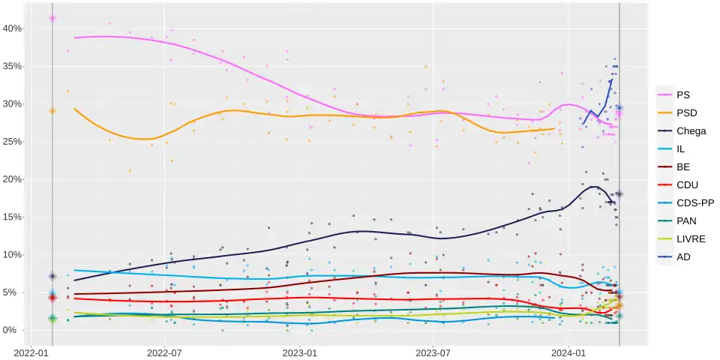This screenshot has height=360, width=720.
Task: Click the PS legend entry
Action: [x=682, y=95]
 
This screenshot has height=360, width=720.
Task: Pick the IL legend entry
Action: [x=680, y=149]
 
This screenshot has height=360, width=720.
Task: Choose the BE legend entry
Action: [x=682, y=167]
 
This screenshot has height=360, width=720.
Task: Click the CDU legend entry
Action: [x=686, y=185]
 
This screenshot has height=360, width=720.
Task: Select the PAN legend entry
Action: [x=685, y=221]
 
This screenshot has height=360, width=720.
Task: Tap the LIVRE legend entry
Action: [x=690, y=239]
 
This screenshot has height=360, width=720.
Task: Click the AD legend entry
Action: [x=682, y=257]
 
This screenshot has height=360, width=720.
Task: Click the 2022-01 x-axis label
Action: [x=32, y=350]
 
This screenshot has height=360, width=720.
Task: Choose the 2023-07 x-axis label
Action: [x=433, y=350]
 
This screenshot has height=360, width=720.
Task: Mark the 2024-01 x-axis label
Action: [x=568, y=350]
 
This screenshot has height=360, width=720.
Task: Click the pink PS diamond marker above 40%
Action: [x=52, y=18]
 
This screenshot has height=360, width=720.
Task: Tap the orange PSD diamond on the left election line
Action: [x=52, y=111]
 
